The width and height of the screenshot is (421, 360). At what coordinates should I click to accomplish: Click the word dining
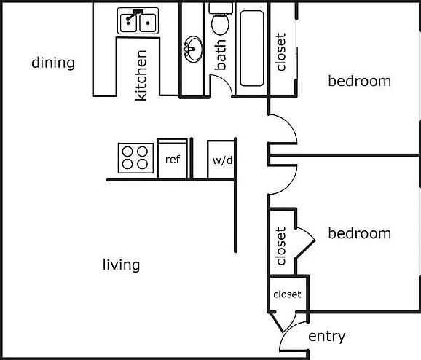point(53,63)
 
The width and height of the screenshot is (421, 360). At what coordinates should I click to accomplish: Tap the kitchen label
point(141,76)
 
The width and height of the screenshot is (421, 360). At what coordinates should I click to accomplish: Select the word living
point(121,265)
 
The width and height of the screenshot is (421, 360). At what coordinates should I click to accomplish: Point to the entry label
point(327,337)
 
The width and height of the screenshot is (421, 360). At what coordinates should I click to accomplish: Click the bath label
point(220,55)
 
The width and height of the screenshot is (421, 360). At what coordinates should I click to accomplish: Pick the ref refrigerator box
point(173,158)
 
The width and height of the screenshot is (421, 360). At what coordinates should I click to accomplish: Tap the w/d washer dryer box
point(221,159)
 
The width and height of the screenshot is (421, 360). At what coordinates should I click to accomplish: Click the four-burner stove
point(135,158)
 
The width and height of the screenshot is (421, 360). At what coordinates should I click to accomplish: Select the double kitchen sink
point(138,21)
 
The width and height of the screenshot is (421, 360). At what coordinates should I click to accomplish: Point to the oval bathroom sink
point(193,49)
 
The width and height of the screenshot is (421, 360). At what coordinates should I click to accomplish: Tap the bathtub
point(252,48)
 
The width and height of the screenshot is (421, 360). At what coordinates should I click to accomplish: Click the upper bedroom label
point(360,81)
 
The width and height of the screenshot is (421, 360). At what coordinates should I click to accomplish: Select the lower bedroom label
point(360,233)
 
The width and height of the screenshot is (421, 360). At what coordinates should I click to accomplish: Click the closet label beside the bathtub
point(280,52)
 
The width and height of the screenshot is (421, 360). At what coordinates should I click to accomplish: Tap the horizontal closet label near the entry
point(287,294)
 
